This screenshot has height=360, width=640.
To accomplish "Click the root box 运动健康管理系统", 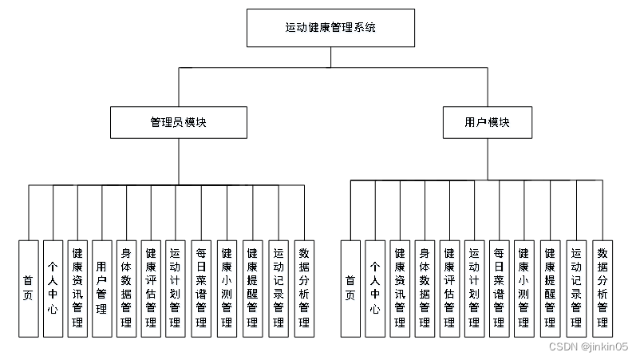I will click(330, 28).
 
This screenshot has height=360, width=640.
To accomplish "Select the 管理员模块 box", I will click(179, 123).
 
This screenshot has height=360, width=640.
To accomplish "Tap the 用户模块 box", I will click(487, 123).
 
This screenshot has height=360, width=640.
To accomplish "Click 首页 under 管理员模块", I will click(28, 287).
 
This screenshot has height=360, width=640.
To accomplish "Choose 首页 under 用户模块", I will click(350, 287).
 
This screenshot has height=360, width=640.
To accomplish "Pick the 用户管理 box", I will click(101, 287).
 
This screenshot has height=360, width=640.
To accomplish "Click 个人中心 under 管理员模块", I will click(52, 287).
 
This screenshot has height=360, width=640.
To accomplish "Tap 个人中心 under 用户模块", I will click(374, 287).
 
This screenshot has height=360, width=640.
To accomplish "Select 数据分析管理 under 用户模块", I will click(602, 287).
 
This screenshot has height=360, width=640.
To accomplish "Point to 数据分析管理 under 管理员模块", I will click(303, 287).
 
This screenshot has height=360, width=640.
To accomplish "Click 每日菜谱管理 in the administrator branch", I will click(201, 287).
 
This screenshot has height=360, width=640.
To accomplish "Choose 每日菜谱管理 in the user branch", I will click(500, 287).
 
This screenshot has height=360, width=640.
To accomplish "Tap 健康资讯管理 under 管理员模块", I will click(77, 287).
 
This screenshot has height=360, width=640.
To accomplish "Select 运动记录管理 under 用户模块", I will click(576, 287).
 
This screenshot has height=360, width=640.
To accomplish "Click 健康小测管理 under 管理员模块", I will click(227, 287).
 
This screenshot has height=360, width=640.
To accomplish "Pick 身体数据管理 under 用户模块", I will click(425, 287).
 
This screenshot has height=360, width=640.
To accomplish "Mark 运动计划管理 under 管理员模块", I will click(176, 287).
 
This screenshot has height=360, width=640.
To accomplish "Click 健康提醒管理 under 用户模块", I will click(551, 287).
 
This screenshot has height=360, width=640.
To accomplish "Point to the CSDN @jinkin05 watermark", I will click(589, 346).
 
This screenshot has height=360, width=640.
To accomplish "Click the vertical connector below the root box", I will click(330, 57).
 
